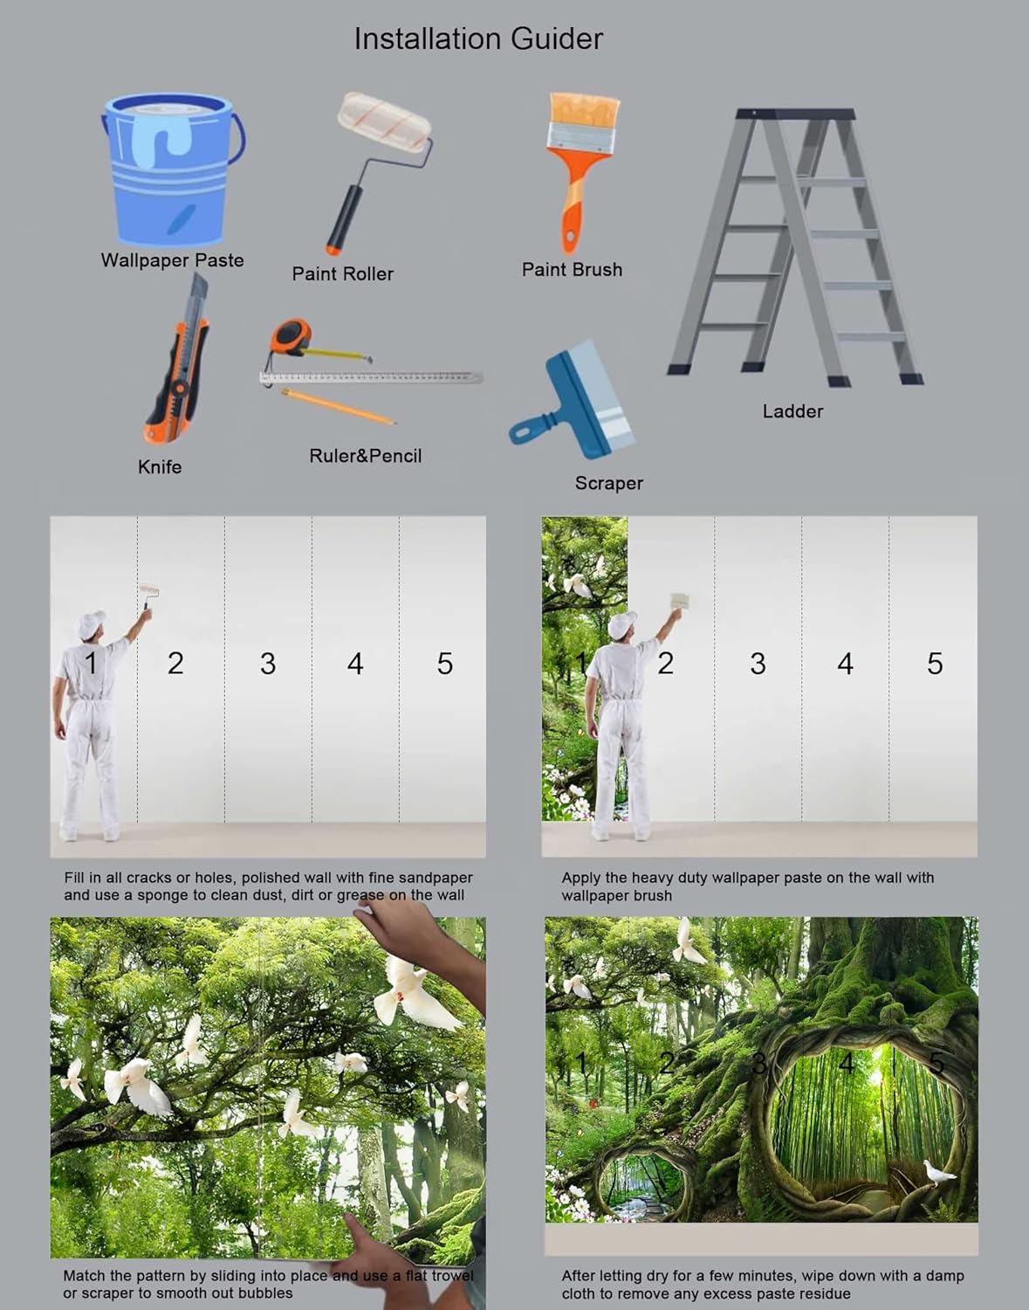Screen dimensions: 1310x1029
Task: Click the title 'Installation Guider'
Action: [477, 38]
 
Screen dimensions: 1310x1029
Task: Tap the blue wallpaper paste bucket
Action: [170, 170]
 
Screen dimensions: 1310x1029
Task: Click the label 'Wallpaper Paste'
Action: [172, 260]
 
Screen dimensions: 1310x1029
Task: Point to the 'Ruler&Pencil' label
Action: [365, 456]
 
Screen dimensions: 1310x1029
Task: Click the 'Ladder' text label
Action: [792, 411]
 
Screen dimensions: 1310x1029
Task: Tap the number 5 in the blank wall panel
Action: [444, 664]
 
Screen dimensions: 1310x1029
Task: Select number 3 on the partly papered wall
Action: [758, 664]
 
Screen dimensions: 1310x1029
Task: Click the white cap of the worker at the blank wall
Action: [92, 623]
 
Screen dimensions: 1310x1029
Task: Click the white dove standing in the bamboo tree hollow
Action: [939, 1172]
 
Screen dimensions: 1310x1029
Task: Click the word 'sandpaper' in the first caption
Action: [434, 878]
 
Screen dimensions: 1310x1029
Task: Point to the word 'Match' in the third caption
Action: [84, 1276]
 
